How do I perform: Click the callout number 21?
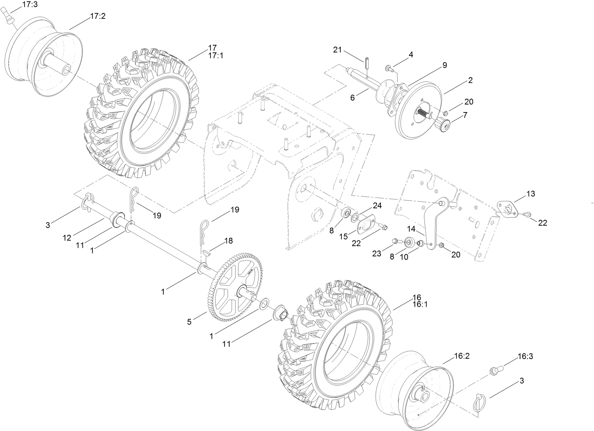point(337,50)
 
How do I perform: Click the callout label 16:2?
point(462,356)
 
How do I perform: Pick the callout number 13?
point(530,194)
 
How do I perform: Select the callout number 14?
point(411,229)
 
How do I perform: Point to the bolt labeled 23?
point(397,240)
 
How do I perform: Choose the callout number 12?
point(67,238)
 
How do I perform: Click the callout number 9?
point(445,65)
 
